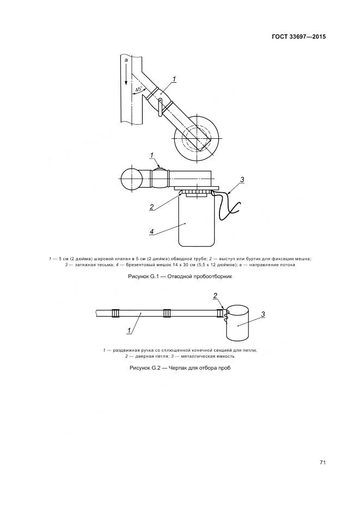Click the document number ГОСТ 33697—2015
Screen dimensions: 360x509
298,36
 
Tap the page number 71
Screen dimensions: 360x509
322,463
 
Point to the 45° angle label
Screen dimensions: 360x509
139,89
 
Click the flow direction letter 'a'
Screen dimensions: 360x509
126,60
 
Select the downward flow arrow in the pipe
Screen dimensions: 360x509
126,75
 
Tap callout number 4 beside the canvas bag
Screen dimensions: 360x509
152,231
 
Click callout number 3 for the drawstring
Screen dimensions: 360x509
242,180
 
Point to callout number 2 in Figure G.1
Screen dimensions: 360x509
151,206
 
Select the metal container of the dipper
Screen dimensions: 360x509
237,323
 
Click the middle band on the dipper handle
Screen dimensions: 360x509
167,313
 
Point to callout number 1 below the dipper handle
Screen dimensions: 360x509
129,330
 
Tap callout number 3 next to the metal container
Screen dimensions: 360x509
263,314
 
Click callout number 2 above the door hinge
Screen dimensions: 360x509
215,296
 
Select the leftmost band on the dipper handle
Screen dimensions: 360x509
115,313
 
